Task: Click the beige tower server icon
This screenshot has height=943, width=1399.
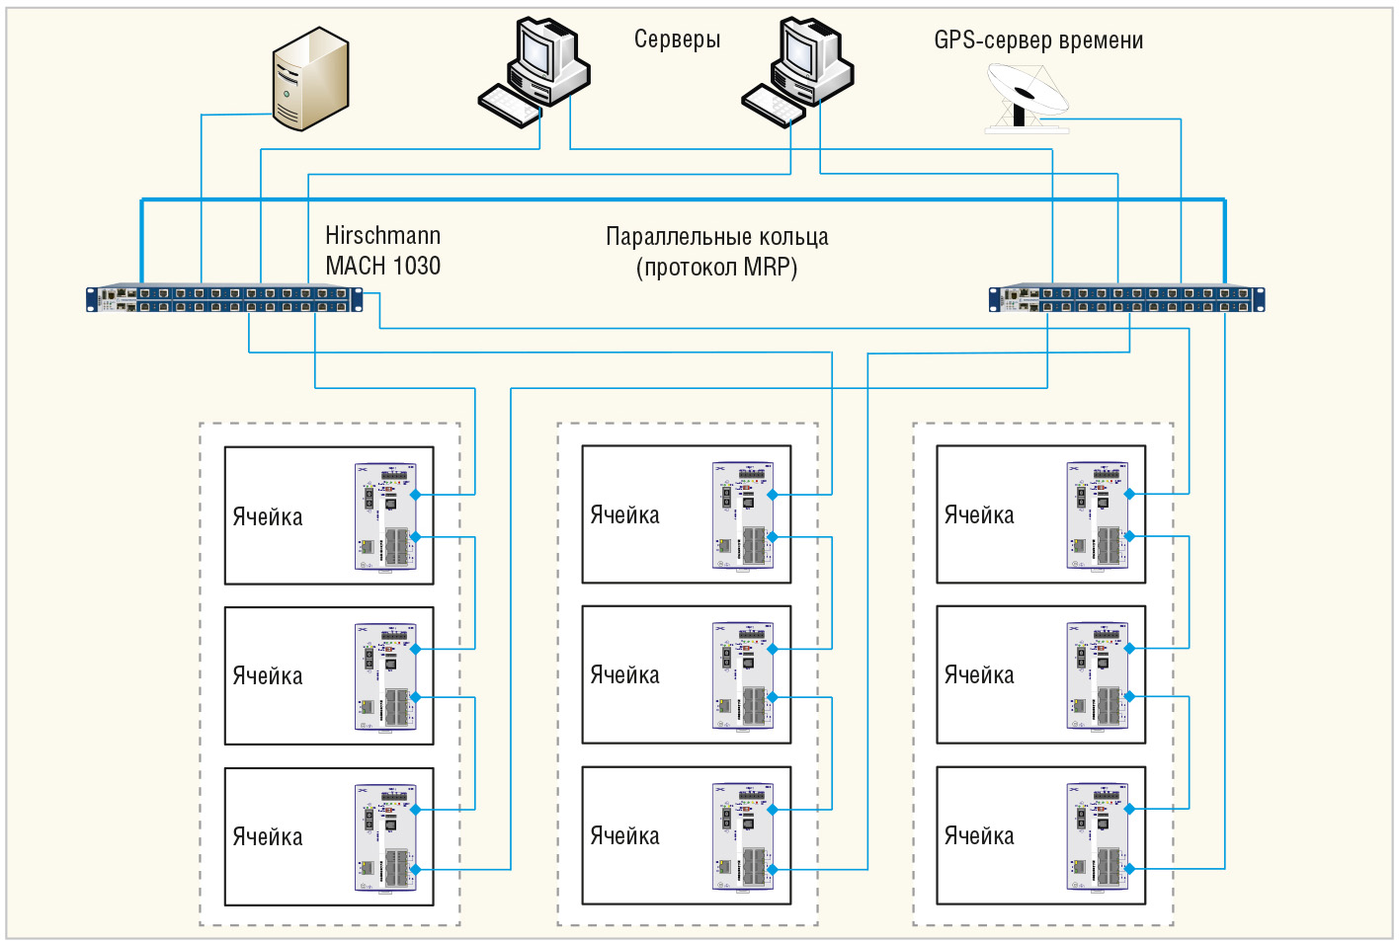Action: pos(310,79)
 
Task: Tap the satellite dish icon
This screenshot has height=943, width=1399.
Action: pos(1027,98)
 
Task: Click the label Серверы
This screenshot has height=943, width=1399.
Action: pos(677,39)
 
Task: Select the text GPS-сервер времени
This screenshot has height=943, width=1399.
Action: pos(1038,39)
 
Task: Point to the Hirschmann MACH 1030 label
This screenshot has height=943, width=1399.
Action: pos(383,251)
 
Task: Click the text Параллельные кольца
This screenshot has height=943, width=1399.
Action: pos(717,237)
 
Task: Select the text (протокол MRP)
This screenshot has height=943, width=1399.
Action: pos(717,268)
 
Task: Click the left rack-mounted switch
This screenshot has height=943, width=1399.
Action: pos(224,298)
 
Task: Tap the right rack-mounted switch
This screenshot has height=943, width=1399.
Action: pos(1126,298)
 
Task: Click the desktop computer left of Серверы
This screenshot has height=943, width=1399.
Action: pos(534,72)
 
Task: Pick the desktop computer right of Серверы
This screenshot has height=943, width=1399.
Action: pos(797,72)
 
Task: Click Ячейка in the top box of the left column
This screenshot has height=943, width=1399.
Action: pos(268,517)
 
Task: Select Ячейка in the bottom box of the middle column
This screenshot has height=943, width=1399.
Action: pos(624,836)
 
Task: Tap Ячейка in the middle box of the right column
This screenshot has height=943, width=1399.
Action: pos(979,675)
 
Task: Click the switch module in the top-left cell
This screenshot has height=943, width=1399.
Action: pos(385,516)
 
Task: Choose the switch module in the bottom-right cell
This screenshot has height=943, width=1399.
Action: pos(1098,836)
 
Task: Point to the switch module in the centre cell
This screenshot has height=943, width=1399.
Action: pos(743,675)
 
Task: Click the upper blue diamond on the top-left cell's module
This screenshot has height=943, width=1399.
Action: pos(415,495)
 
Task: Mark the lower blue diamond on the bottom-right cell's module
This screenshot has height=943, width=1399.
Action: pos(1129,868)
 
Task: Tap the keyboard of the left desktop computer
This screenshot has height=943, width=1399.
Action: pos(510,106)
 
